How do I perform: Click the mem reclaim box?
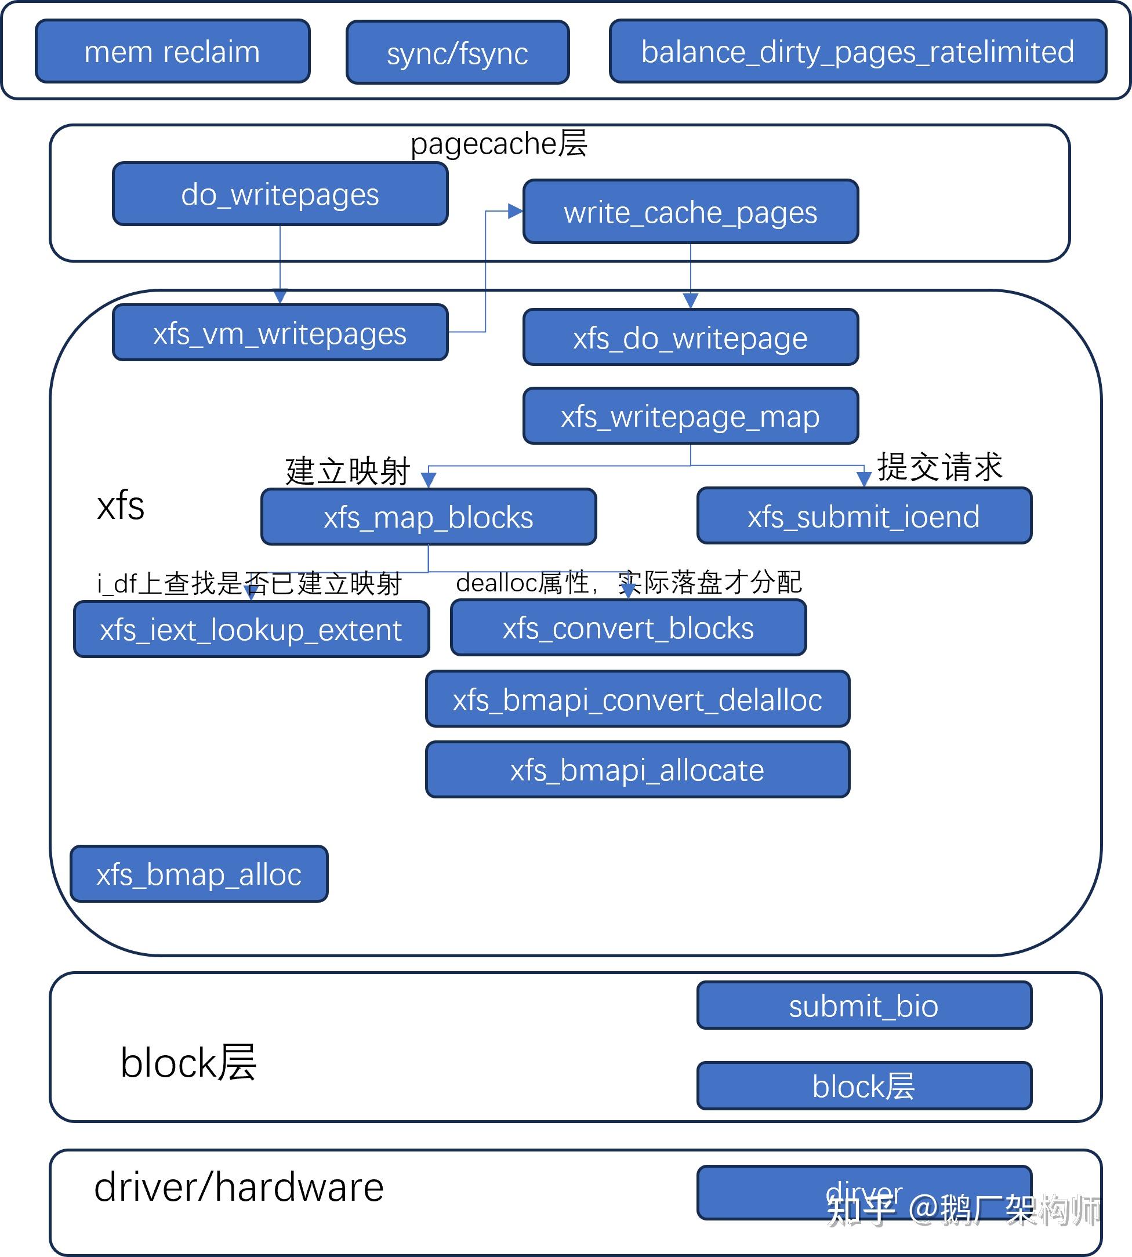(172, 52)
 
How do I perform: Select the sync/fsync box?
(457, 53)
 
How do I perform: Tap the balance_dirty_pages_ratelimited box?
(857, 52)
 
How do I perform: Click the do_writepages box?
(280, 194)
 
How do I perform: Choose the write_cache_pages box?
(691, 212)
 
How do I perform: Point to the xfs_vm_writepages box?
(280, 333)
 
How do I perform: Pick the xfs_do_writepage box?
(691, 337)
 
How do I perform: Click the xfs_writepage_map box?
(691, 416)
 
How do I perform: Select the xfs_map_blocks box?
(428, 517)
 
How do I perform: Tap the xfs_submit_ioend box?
(864, 516)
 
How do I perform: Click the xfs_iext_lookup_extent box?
(251, 630)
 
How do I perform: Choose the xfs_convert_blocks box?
(628, 627)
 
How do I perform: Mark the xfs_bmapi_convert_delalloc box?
(637, 699)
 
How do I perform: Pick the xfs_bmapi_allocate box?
(637, 769)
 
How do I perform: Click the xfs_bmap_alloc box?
(199, 874)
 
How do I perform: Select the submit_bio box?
(864, 1006)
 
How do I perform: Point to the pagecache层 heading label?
(499, 144)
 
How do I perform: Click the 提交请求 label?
(939, 467)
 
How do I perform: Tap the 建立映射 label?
(347, 471)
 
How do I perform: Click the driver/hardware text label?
(239, 1187)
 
